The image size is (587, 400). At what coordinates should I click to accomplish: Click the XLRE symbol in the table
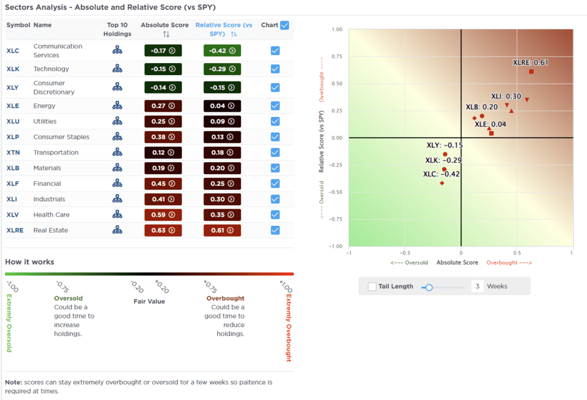(14, 230)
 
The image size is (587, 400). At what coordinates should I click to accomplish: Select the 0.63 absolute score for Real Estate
(163, 230)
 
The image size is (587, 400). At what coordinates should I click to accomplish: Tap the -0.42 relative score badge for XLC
(222, 50)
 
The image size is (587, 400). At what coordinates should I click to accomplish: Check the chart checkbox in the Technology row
(275, 69)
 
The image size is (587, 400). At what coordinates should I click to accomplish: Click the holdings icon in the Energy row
(118, 106)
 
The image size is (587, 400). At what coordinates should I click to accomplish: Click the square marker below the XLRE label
(531, 72)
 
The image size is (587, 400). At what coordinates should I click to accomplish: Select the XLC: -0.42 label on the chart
(441, 174)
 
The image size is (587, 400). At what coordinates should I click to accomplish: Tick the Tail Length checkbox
(373, 287)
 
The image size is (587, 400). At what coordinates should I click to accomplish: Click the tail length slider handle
(428, 287)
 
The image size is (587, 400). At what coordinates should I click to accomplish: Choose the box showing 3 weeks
(477, 287)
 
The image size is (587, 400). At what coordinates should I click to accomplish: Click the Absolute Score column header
(165, 25)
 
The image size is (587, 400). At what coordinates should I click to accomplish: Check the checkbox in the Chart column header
(285, 25)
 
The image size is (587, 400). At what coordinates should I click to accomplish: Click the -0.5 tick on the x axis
(405, 252)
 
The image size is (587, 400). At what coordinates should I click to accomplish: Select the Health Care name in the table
(52, 215)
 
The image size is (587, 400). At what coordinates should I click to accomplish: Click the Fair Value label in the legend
(149, 301)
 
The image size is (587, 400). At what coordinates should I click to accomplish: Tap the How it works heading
(30, 262)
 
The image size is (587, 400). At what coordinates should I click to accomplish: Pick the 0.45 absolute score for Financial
(163, 184)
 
